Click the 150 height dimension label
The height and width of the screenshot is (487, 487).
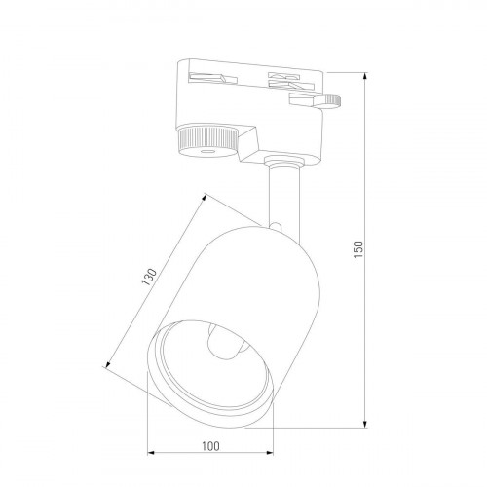point(358,249)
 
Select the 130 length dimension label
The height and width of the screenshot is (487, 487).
point(149,277)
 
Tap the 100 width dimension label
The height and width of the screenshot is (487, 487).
point(210,446)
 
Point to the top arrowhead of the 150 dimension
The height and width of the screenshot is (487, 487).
point(365,77)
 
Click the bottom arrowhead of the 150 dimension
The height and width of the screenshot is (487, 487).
point(365,424)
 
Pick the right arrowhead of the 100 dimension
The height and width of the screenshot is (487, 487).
point(269,453)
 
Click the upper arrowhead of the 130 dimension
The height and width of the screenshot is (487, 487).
point(204,198)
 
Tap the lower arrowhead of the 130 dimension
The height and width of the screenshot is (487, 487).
point(108,363)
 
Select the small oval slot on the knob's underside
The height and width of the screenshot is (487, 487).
point(206,151)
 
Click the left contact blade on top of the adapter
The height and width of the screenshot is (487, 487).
point(212,78)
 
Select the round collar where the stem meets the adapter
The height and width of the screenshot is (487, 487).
point(283,162)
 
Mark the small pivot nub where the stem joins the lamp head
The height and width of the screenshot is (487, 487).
point(276,226)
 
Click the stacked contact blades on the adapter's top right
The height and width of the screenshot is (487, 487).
point(290,81)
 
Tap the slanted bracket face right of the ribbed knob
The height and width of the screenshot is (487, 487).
point(248,142)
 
